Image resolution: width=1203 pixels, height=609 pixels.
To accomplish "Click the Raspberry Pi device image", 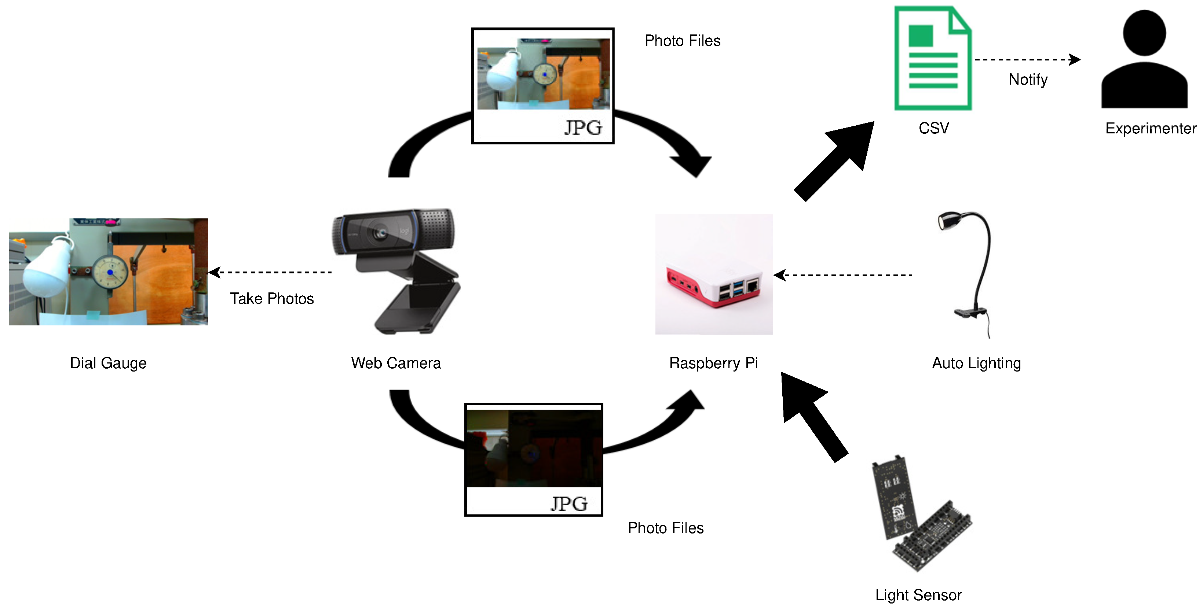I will [x=714, y=275].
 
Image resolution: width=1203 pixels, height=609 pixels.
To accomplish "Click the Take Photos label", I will [x=272, y=299].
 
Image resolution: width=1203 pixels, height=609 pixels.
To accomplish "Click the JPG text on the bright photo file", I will [x=583, y=128].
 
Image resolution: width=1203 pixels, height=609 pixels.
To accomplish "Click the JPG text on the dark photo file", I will [x=569, y=503].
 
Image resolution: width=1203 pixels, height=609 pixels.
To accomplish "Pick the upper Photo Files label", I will [x=682, y=41].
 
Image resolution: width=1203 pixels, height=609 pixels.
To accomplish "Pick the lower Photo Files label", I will [x=665, y=528].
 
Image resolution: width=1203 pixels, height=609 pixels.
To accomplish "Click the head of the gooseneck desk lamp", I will [x=948, y=220].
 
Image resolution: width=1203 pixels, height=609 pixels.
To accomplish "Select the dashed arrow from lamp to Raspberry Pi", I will [x=843, y=275].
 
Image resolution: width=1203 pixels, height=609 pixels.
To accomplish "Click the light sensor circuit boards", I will [x=920, y=513].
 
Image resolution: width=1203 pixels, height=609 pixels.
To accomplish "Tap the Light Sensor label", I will [x=918, y=595].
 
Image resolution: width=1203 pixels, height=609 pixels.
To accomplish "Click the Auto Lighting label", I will [x=976, y=363].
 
